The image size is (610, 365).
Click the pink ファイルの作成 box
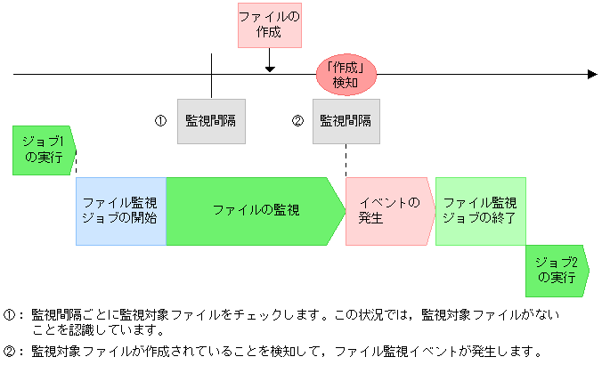[x=270, y=24]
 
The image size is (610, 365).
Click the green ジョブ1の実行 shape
[x=44, y=150]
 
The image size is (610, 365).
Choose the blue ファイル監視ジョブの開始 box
[x=121, y=210]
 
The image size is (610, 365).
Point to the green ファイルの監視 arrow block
[x=254, y=210]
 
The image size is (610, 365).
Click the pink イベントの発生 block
[x=389, y=210]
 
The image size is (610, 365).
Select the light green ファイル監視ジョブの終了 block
[x=479, y=210]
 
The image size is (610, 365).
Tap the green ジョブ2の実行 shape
[x=557, y=271]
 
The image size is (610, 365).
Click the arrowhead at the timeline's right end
[x=592, y=75]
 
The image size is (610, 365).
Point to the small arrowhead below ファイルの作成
[x=270, y=68]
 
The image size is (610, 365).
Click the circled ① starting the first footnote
[x=10, y=314]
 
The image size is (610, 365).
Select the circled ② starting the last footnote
[x=10, y=350]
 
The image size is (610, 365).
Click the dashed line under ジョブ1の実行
[x=77, y=166]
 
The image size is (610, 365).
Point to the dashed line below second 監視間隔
[x=346, y=160]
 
